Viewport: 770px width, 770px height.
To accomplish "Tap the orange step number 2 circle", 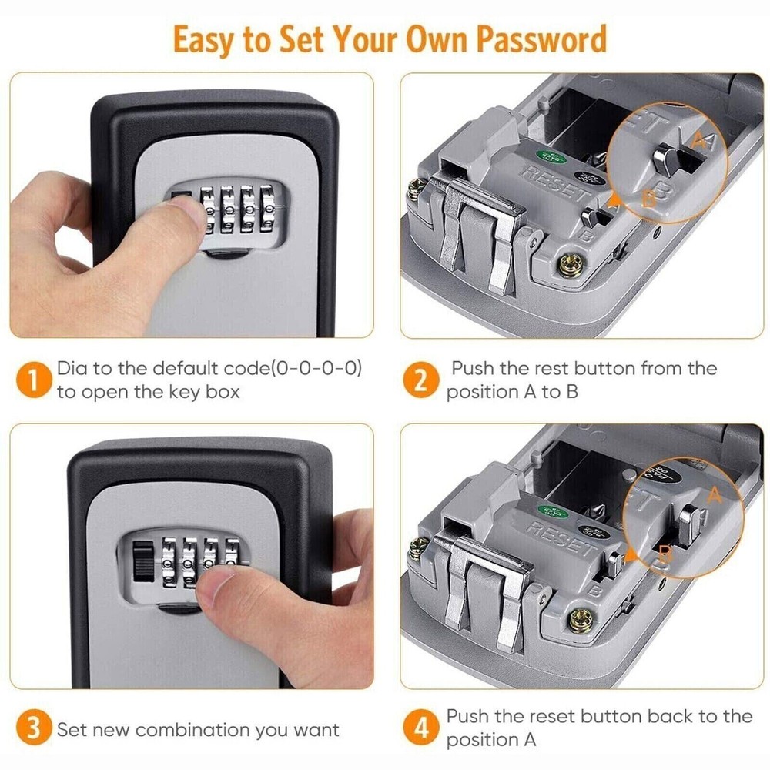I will [420, 380].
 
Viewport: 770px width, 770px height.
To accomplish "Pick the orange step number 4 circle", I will [420, 728].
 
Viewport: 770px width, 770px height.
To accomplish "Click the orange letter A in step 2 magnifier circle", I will [700, 139].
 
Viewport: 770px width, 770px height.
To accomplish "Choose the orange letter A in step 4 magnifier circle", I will [715, 494].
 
